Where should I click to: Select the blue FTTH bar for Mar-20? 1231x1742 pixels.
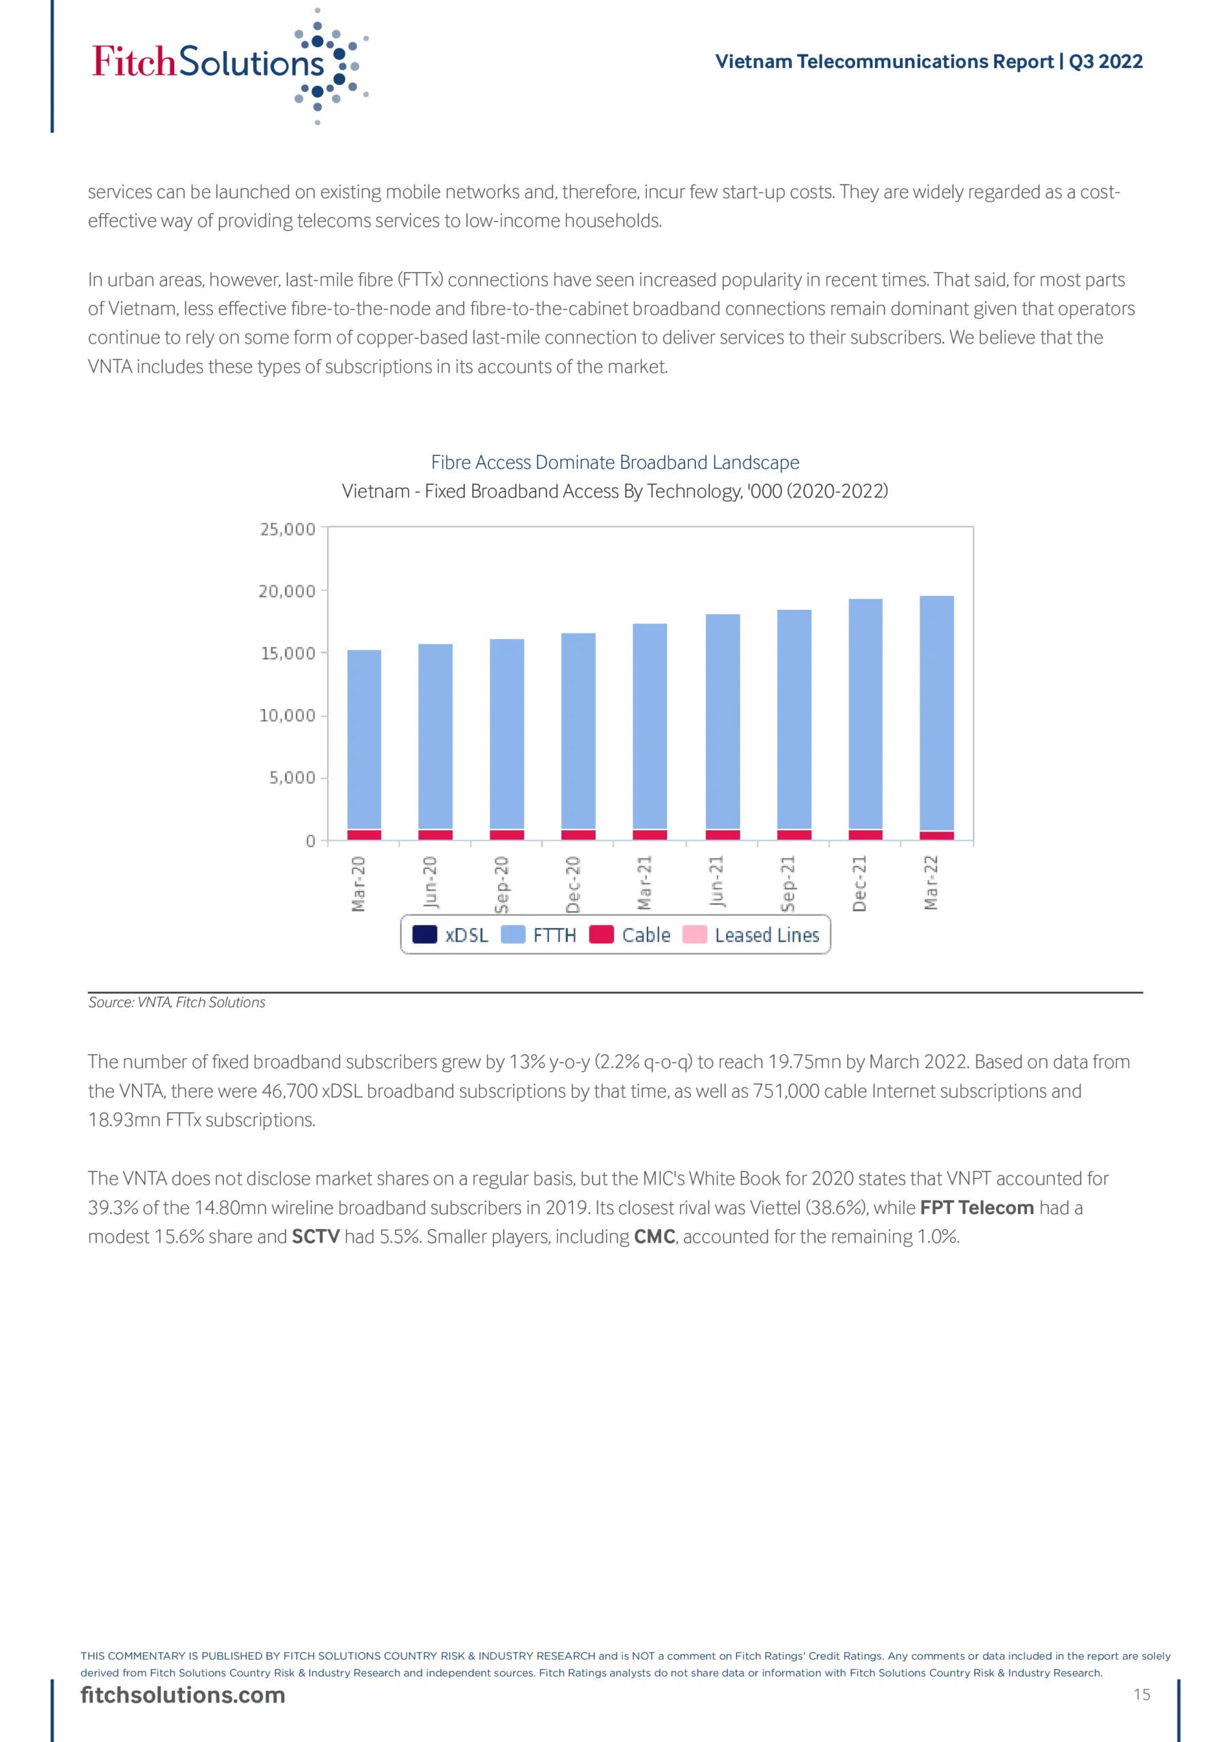[364, 740]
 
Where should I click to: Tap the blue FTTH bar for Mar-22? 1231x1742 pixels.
[937, 713]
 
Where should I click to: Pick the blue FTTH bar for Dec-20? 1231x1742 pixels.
[578, 731]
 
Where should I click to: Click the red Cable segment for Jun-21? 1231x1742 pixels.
[723, 834]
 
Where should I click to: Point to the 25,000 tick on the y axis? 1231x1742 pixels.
[288, 529]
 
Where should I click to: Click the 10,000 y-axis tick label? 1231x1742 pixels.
[288, 715]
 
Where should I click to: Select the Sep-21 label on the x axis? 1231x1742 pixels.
[788, 884]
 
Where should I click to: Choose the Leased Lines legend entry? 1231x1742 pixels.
[752, 935]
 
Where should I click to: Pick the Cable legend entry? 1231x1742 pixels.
[630, 935]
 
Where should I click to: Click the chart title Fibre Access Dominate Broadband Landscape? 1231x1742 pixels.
[615, 462]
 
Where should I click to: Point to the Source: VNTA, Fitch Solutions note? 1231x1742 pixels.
[177, 1002]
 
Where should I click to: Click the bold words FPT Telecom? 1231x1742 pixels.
[976, 1207]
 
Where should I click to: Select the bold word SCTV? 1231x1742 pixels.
[316, 1236]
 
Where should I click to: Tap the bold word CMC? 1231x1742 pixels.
[654, 1236]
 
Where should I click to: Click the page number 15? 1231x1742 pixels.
[1141, 1694]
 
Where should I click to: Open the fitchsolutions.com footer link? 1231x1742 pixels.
[183, 1695]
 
